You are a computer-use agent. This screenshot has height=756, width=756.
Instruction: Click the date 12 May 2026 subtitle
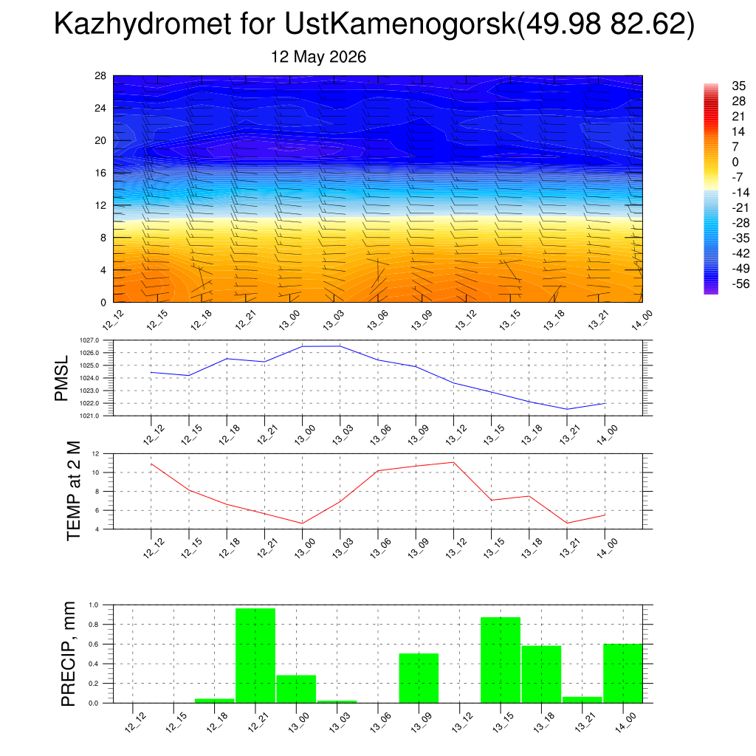[318, 57]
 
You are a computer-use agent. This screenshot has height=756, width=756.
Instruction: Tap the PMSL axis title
[62, 379]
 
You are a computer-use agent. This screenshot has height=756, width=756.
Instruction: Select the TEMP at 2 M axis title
[73, 491]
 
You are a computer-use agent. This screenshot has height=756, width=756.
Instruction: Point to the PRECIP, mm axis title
[69, 654]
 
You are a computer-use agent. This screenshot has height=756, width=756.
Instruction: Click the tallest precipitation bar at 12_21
[255, 656]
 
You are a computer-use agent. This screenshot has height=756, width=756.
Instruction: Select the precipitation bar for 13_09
[419, 678]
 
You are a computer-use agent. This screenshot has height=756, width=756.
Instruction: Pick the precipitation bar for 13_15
[501, 660]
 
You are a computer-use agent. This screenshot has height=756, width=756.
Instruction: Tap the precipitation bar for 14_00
[623, 673]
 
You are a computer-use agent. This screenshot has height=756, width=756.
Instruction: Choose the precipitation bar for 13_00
[296, 689]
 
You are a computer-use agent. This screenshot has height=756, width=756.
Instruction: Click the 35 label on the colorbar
[738, 86]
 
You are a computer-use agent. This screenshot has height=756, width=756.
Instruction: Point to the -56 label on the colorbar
[740, 283]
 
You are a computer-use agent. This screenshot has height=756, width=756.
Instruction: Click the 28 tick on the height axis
[100, 76]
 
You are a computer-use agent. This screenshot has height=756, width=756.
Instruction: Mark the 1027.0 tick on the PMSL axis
[89, 340]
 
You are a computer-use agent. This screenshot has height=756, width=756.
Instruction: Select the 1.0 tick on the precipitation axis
[94, 605]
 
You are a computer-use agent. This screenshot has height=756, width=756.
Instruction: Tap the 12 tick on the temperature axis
[95, 454]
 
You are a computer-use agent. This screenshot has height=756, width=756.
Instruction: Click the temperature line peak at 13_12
[454, 462]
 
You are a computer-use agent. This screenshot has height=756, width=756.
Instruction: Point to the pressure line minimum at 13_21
[567, 409]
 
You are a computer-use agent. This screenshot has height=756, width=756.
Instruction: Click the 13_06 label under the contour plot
[377, 320]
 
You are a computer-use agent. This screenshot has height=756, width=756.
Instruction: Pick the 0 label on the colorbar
[735, 162]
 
